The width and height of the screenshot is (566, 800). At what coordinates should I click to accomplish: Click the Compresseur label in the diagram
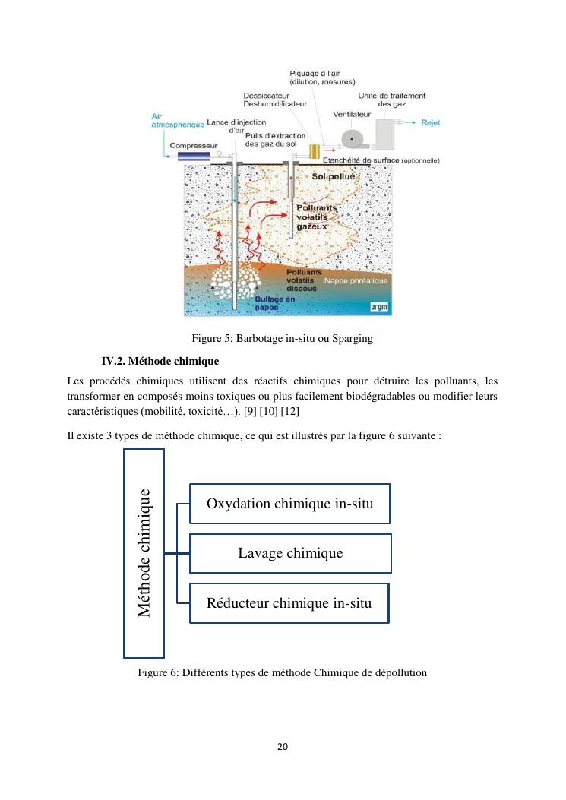pos(194,144)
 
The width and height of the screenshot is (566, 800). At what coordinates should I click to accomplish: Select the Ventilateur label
pos(352,114)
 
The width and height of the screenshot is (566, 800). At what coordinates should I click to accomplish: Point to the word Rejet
pos(430,122)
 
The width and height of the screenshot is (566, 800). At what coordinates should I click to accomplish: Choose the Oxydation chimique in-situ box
pos(289,503)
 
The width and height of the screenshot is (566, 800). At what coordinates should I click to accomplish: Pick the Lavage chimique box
pos(289,552)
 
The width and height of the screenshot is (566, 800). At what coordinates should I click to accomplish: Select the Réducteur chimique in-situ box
pos(289,603)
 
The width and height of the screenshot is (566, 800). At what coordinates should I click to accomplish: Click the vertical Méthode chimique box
pos(144,552)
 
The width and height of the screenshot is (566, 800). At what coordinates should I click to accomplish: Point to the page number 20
pos(283,747)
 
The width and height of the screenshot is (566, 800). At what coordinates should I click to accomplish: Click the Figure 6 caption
pos(283,672)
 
